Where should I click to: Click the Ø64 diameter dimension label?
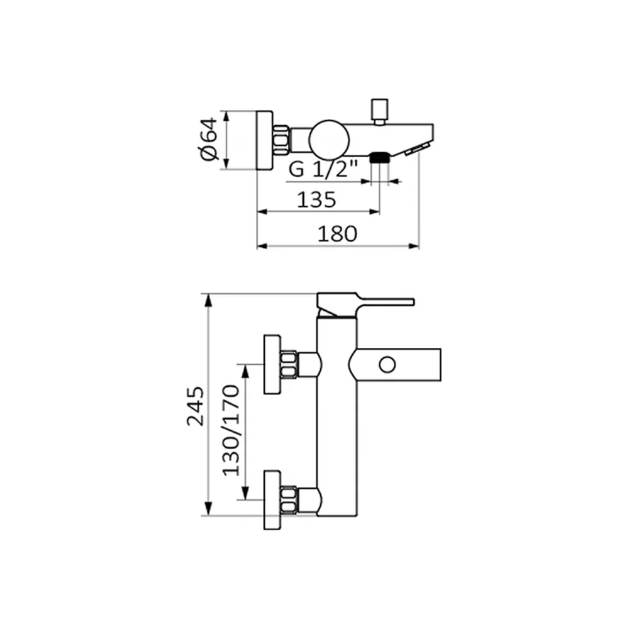pyautogui.click(x=208, y=140)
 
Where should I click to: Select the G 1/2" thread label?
pyautogui.click(x=323, y=169)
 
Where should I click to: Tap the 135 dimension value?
pyautogui.click(x=316, y=199)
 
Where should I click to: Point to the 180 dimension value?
pyautogui.click(x=337, y=234)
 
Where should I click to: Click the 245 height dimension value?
pyautogui.click(x=196, y=406)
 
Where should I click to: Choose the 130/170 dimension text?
pyautogui.click(x=231, y=430)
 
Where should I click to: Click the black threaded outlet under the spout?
pyautogui.click(x=379, y=157)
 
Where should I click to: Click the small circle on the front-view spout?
pyautogui.click(x=387, y=365)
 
